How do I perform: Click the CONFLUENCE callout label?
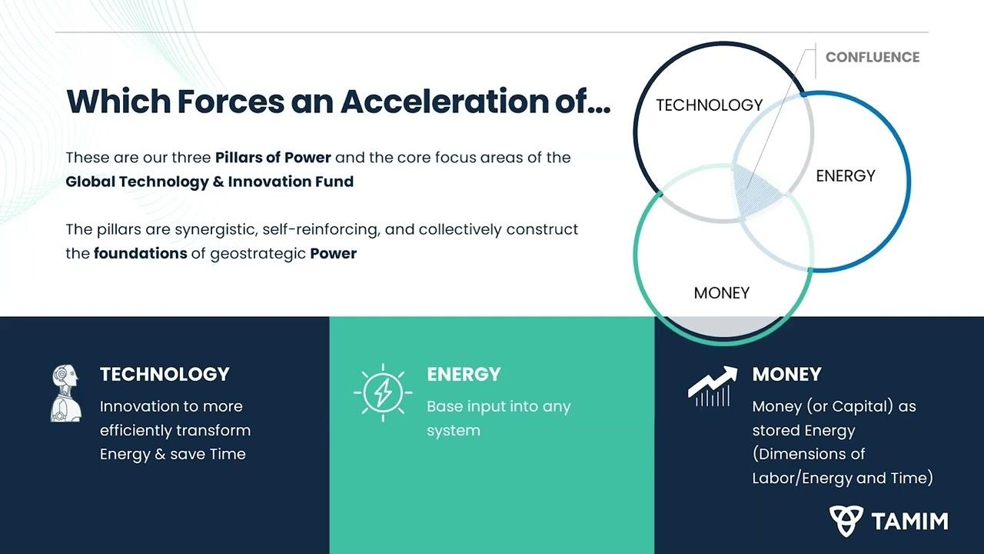[x=873, y=57]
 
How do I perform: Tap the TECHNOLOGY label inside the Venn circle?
[x=710, y=105]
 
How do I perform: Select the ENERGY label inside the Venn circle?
[x=846, y=176]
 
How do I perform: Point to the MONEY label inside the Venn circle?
[x=722, y=293]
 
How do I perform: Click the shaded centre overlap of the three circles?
[x=756, y=192]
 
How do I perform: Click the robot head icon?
[x=66, y=392]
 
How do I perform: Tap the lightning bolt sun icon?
[x=383, y=392]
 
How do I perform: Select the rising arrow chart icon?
[x=712, y=386]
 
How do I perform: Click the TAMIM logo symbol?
[x=846, y=521]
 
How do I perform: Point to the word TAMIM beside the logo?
[x=909, y=522]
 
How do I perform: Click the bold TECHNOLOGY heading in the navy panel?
[x=165, y=375]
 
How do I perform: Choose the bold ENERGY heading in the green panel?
[x=464, y=375]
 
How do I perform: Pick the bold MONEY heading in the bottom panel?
[x=786, y=375]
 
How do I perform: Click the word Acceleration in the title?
[x=444, y=102]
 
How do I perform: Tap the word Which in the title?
[x=118, y=102]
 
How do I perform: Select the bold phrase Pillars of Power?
[x=273, y=158]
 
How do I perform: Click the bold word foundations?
[x=141, y=254]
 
